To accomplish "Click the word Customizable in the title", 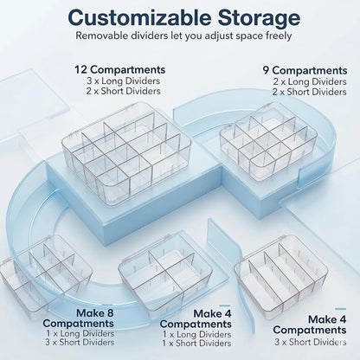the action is (x=139, y=17).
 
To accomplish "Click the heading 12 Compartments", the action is (x=120, y=70).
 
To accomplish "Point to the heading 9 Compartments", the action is (x=305, y=71).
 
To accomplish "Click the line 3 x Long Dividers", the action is (x=124, y=80).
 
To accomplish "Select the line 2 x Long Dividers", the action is (x=310, y=81).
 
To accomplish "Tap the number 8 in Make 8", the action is (x=108, y=313).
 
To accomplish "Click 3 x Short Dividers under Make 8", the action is (x=80, y=343).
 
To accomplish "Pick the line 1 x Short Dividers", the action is (x=196, y=344).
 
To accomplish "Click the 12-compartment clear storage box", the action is (x=126, y=153).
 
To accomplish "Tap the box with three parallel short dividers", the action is (x=280, y=277).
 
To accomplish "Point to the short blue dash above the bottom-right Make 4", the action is (x=341, y=309).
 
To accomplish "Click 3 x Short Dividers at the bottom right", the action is (x=311, y=343).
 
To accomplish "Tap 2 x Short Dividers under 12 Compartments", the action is (x=123, y=91).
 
